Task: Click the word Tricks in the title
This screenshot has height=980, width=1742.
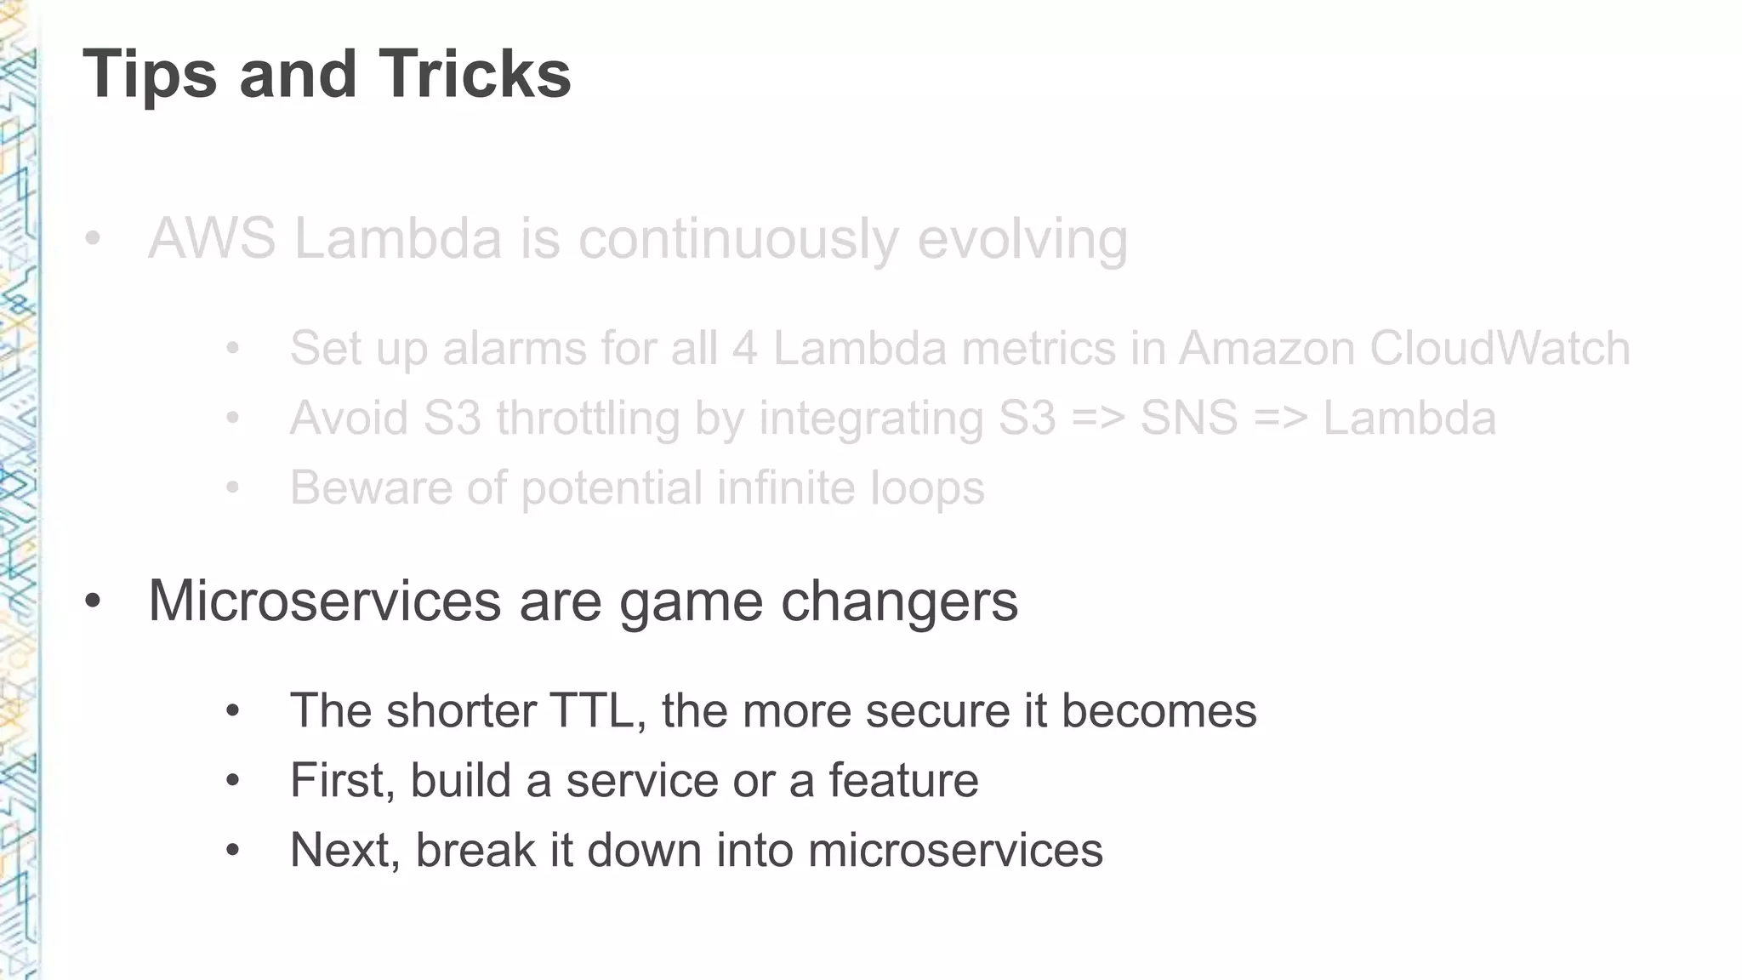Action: pos(475,75)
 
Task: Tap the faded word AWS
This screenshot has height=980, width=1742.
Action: pos(212,239)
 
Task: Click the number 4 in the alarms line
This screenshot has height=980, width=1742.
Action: pos(744,349)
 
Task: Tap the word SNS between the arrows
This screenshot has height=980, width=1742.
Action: pos(1188,419)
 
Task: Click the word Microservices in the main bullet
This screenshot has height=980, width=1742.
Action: pos(324,601)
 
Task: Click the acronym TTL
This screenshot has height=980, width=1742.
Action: pos(596,711)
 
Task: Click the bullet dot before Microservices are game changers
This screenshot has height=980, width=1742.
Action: pos(93,601)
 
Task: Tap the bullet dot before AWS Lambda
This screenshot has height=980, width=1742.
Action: pos(93,239)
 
